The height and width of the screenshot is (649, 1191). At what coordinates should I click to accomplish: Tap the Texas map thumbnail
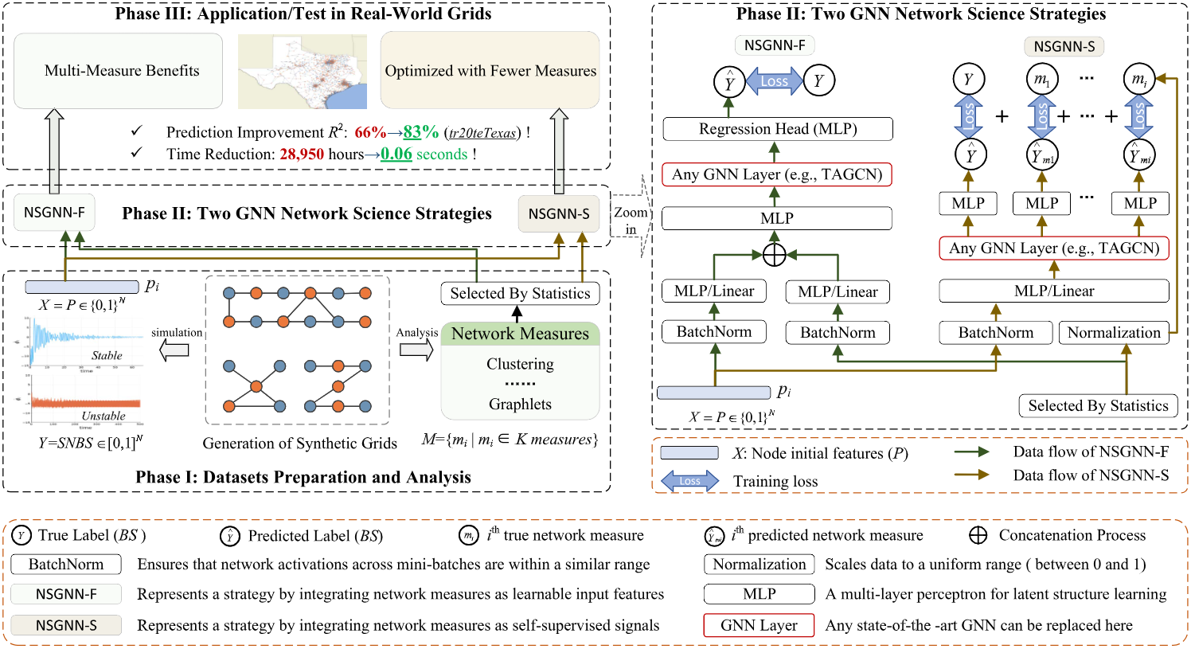[x=303, y=72]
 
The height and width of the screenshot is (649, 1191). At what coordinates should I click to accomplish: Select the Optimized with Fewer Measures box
[x=490, y=71]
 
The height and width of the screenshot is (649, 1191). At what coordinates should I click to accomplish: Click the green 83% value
[x=420, y=132]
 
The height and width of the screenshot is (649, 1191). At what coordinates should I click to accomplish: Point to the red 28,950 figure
[x=302, y=154]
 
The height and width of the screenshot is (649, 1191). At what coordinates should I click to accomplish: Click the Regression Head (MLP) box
[x=777, y=129]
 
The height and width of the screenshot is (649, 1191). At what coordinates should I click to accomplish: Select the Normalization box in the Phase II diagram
[x=1113, y=333]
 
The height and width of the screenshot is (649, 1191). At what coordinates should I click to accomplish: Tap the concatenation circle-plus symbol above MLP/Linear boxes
[x=774, y=255]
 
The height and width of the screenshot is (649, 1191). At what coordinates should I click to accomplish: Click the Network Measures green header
[x=520, y=334]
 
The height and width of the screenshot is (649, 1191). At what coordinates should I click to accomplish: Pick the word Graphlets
[x=520, y=404]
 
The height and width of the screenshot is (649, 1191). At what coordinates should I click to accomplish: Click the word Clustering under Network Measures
[x=520, y=364]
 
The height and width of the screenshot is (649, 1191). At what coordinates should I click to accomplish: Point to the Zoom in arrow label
[x=631, y=221]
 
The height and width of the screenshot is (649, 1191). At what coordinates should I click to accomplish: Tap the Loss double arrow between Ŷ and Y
[x=774, y=81]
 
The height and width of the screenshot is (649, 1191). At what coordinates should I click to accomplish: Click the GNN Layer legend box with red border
[x=759, y=625]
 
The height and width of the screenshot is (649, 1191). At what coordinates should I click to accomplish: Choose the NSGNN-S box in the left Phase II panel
[x=559, y=214]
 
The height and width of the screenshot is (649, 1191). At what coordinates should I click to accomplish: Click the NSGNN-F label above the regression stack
[x=775, y=45]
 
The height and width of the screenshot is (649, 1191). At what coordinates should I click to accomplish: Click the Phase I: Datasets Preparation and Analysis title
[x=303, y=477]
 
